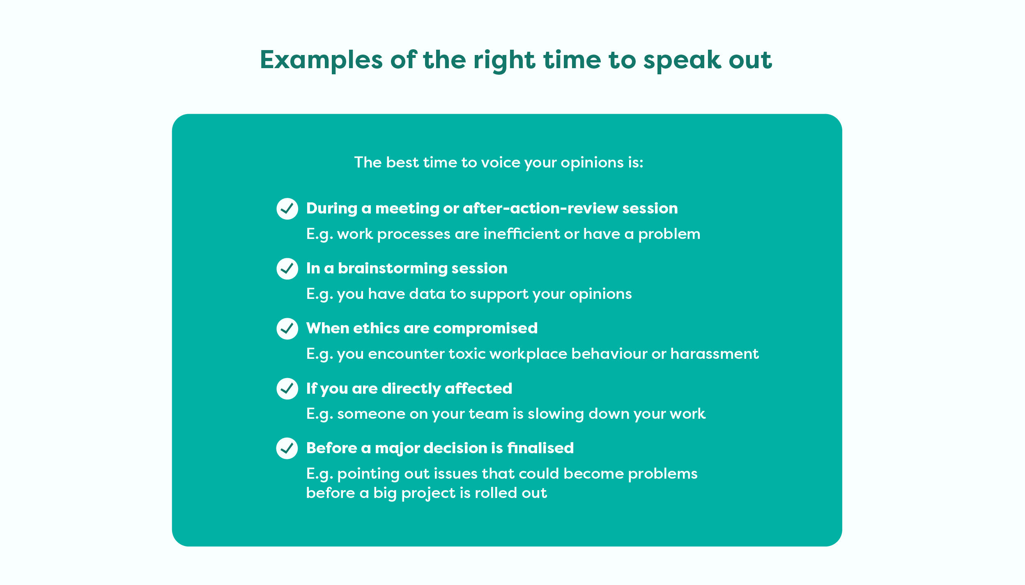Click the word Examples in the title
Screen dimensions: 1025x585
pyautogui.click(x=322, y=60)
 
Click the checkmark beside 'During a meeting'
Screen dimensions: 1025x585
pyautogui.click(x=287, y=209)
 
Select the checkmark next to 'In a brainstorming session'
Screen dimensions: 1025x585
pyautogui.click(x=287, y=268)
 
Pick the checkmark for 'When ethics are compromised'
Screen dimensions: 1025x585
pyautogui.click(x=287, y=328)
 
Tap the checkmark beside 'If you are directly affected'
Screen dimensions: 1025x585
pyautogui.click(x=287, y=388)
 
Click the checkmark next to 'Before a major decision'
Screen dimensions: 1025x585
pyautogui.click(x=287, y=448)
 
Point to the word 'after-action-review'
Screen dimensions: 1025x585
pyautogui.click(x=540, y=208)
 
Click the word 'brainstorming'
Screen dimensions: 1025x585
pyautogui.click(x=393, y=268)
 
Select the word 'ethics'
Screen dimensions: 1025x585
pyautogui.click(x=376, y=328)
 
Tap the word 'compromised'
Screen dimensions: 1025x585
pyautogui.click(x=485, y=328)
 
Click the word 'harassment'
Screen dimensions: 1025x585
pyautogui.click(x=715, y=353)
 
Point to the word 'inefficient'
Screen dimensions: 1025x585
pyautogui.click(x=522, y=234)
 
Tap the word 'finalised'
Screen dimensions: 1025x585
pyautogui.click(x=540, y=447)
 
